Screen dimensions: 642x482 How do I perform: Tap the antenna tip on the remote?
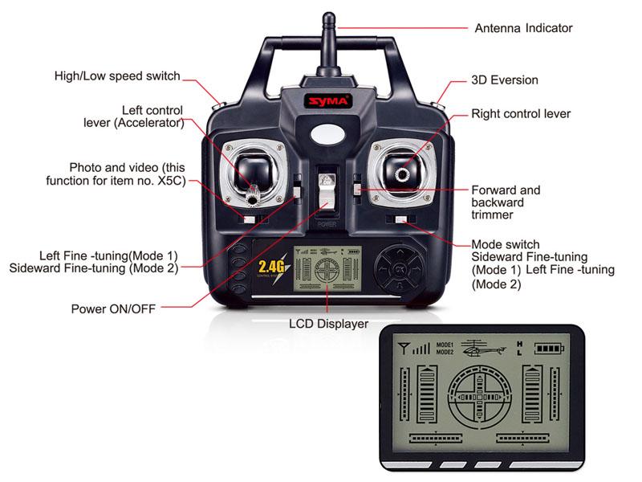pyautogui.click(x=328, y=17)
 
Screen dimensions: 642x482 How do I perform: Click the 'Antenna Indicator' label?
pyautogui.click(x=523, y=28)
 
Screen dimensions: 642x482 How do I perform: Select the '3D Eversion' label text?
pyautogui.click(x=505, y=80)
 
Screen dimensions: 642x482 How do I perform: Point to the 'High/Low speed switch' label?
pyautogui.click(x=117, y=76)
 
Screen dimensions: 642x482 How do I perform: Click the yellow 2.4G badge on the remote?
pyautogui.click(x=272, y=267)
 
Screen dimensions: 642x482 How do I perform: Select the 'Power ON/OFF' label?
pyautogui.click(x=113, y=308)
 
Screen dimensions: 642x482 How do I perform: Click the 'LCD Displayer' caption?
pyautogui.click(x=328, y=324)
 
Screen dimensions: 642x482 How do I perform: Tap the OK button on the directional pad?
pyautogui.click(x=399, y=269)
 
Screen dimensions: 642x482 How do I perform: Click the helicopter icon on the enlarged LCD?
pyautogui.click(x=483, y=349)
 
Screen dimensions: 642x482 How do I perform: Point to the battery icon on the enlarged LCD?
pyautogui.click(x=549, y=349)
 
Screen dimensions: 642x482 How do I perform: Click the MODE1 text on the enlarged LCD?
pyautogui.click(x=445, y=345)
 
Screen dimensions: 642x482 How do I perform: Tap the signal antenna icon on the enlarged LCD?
pyautogui.click(x=404, y=349)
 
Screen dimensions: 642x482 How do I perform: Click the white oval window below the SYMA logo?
pyautogui.click(x=327, y=134)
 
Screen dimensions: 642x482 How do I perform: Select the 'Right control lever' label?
pyautogui.click(x=521, y=114)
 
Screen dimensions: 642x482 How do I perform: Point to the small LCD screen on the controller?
pyautogui.click(x=327, y=268)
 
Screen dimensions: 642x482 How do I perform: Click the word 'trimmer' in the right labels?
pyautogui.click(x=492, y=214)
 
